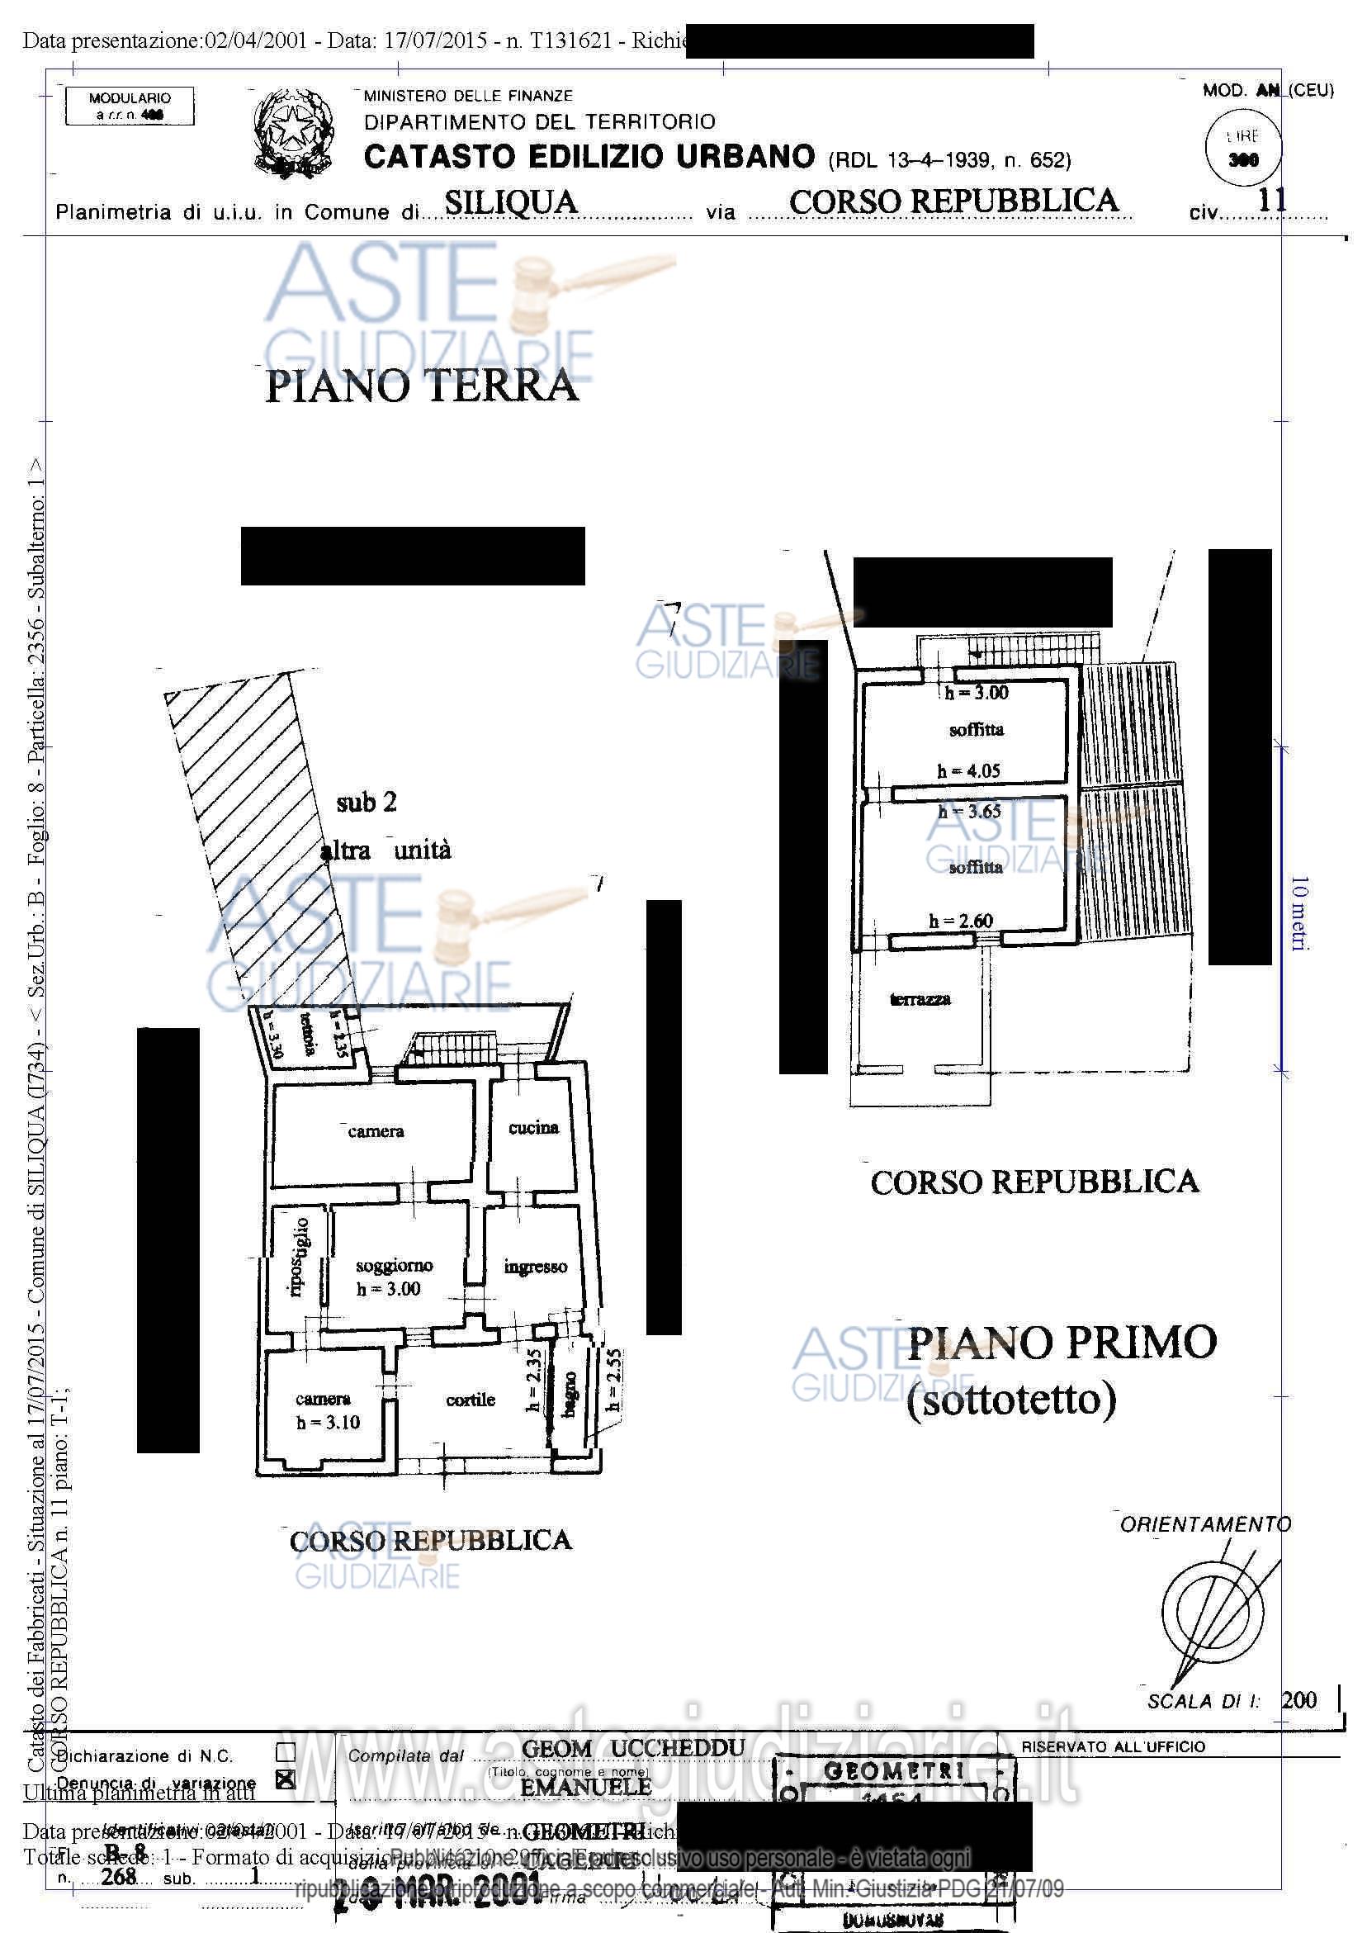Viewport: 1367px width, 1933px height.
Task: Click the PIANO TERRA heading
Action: [422, 386]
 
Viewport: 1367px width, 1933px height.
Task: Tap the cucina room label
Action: [532, 1127]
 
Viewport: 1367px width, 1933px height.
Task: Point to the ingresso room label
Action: [536, 1266]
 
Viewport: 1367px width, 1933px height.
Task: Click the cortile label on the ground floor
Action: [470, 1400]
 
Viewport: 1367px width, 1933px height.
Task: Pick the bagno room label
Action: [570, 1394]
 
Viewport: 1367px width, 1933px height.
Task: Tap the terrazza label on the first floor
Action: [920, 999]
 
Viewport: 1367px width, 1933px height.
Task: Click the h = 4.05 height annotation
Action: [968, 770]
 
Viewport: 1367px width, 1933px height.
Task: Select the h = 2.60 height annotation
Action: [960, 921]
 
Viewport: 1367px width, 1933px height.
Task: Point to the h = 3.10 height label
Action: [328, 1422]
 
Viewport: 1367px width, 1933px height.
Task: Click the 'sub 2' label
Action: [367, 803]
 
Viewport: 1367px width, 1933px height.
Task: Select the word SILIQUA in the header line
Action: [511, 202]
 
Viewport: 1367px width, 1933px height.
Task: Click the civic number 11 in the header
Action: [1272, 200]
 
